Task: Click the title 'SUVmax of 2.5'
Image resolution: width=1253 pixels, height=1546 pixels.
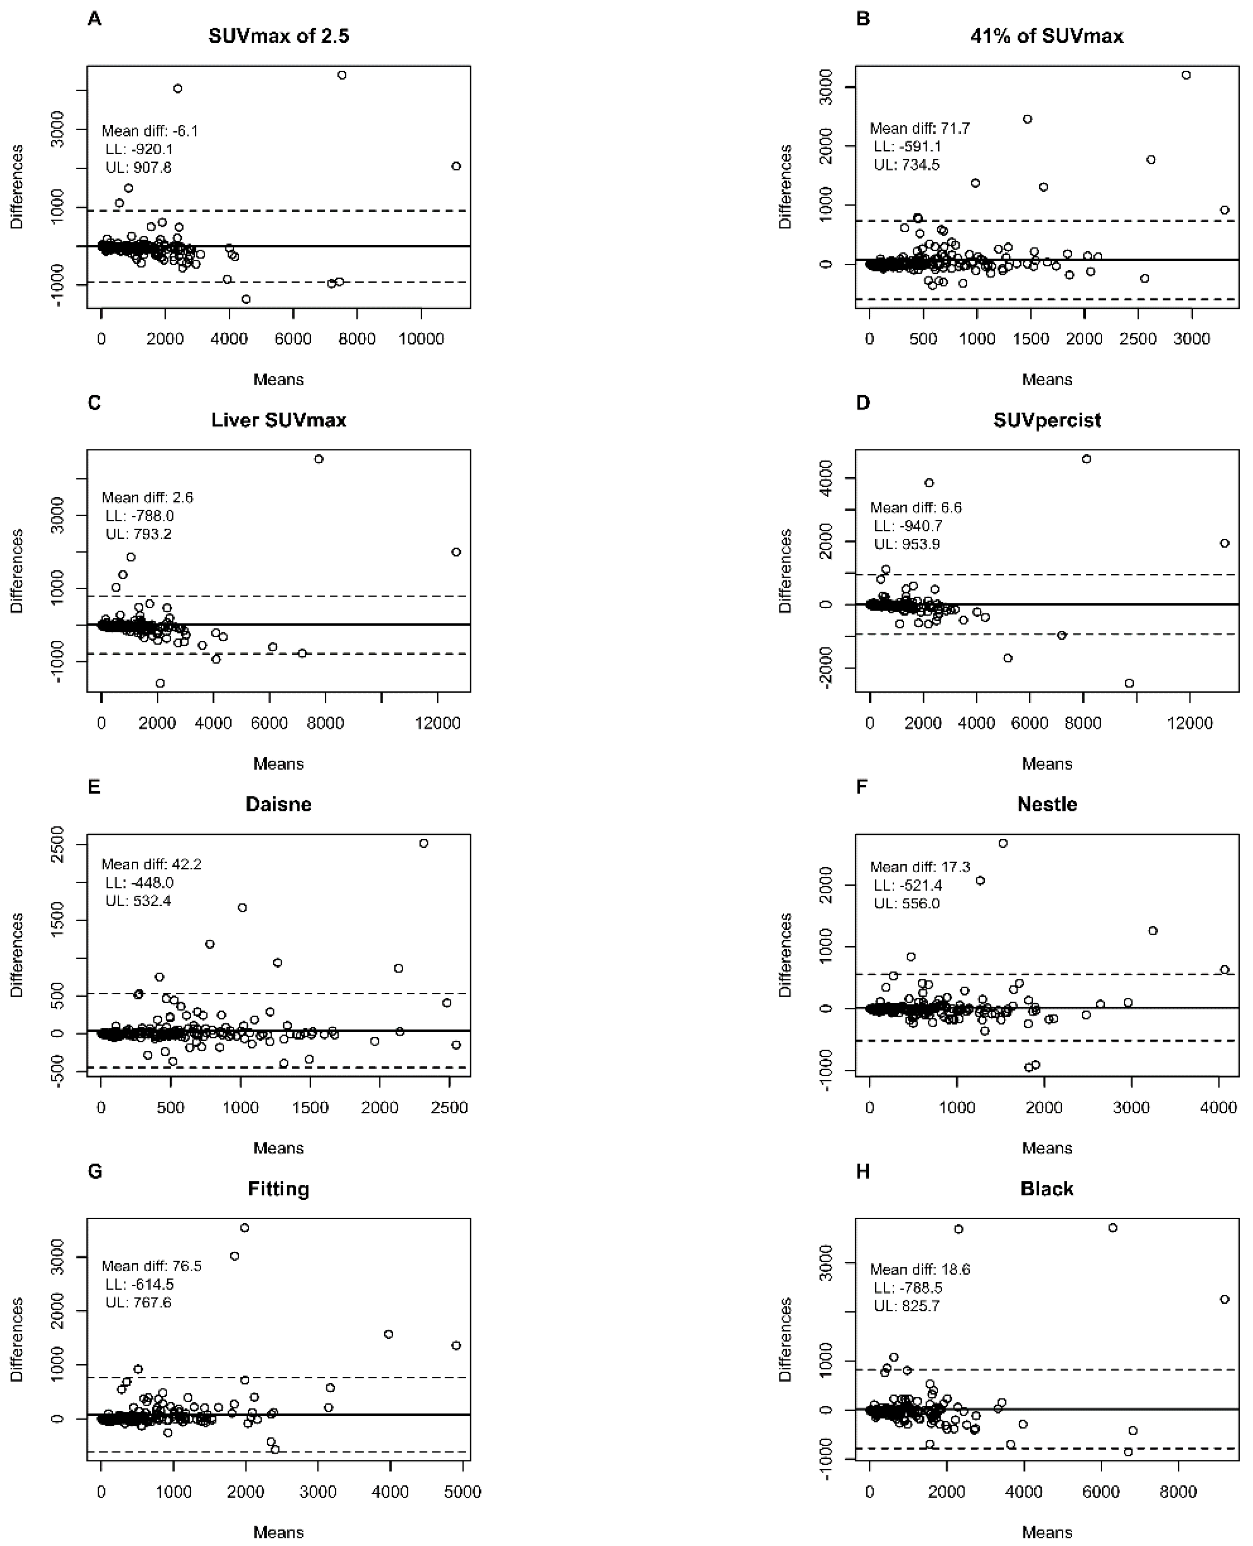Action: coord(279,36)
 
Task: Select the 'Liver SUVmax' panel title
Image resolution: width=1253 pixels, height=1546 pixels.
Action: coord(279,420)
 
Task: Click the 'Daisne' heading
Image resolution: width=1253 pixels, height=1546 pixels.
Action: coord(279,805)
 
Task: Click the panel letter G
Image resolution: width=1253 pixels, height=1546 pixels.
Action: coord(95,1172)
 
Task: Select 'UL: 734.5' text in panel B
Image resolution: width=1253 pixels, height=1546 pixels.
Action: coord(907,164)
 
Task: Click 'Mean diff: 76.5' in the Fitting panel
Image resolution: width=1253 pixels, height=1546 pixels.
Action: coord(152,1265)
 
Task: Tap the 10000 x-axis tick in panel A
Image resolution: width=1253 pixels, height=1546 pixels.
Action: coord(421,339)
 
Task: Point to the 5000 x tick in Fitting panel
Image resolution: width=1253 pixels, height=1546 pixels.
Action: coord(463,1492)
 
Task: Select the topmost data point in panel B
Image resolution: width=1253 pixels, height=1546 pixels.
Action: coord(1185,75)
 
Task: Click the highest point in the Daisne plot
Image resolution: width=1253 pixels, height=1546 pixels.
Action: coord(424,842)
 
